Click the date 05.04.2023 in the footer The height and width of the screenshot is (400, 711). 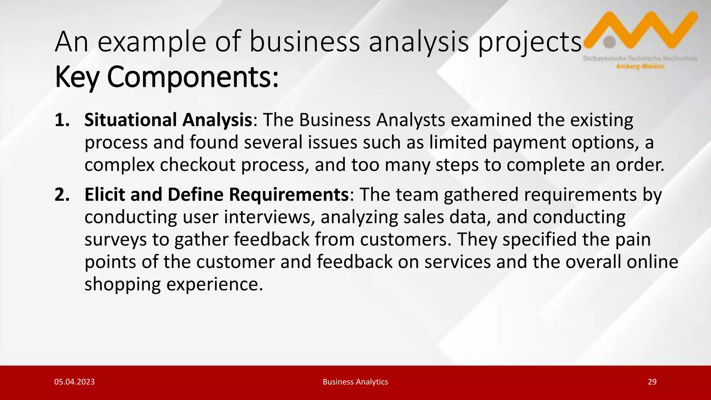(74, 382)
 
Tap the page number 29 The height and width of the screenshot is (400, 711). (652, 382)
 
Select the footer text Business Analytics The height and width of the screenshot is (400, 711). (355, 382)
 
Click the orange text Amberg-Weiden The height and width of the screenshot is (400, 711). (640, 67)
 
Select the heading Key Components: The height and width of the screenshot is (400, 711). (167, 77)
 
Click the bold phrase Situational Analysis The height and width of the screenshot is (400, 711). (168, 120)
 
